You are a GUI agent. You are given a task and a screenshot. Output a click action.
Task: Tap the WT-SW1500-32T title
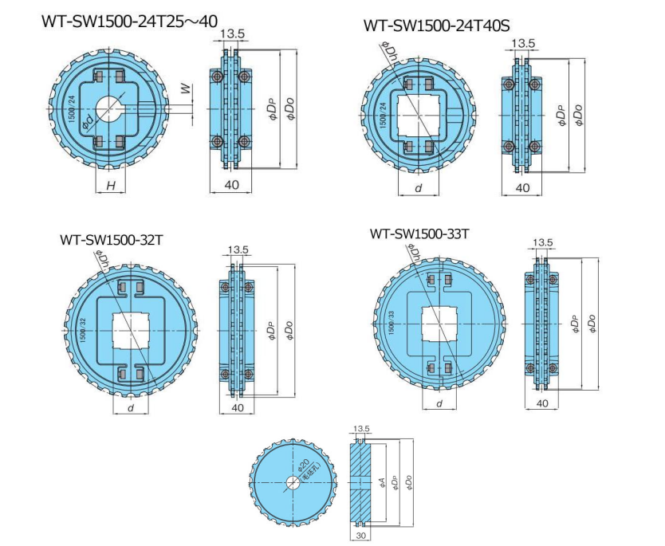(x=111, y=239)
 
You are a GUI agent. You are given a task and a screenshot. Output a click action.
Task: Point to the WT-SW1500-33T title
(x=419, y=234)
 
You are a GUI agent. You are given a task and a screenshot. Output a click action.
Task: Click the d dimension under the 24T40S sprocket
(x=418, y=188)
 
